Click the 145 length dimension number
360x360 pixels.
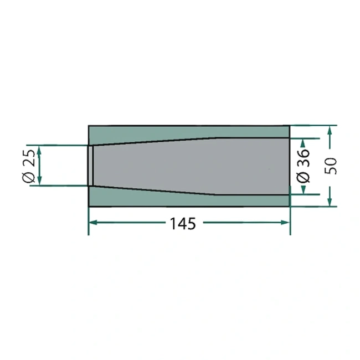coord(183,224)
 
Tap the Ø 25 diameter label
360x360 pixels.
coord(29,166)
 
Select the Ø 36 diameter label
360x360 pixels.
coord(303,166)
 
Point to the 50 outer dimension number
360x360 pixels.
coord(331,166)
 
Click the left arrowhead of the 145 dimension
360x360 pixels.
coord(93,222)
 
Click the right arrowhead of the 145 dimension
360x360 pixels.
coord(286,222)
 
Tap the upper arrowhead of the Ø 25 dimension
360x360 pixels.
coord(39,150)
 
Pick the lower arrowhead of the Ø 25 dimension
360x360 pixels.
coord(39,181)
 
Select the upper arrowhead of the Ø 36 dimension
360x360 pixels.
coord(303,143)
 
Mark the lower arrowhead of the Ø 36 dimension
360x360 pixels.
coord(304,189)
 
